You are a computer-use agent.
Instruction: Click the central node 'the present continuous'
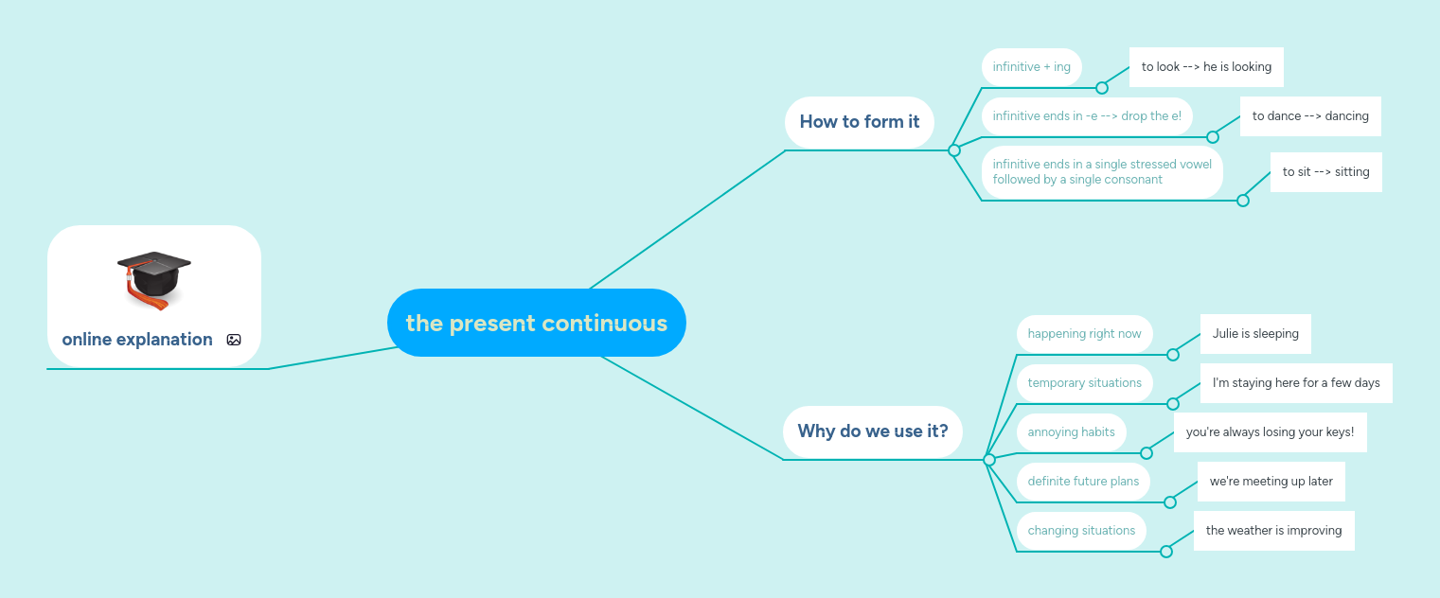pyautogui.click(x=536, y=323)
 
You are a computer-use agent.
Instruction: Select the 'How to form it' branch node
pyautogui.click(x=859, y=121)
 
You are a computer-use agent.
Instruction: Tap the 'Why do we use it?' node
pyautogui.click(x=872, y=431)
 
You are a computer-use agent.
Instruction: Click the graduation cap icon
pyautogui.click(x=153, y=279)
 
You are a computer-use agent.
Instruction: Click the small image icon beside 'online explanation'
pyautogui.click(x=234, y=340)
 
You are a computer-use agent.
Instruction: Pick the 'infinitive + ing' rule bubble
pyautogui.click(x=1031, y=67)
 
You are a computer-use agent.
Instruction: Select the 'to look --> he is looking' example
pyautogui.click(x=1205, y=67)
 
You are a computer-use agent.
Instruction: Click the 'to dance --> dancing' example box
pyautogui.click(x=1309, y=116)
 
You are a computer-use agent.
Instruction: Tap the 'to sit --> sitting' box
pyautogui.click(x=1325, y=172)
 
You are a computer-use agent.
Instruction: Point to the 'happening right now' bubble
pyautogui.click(x=1084, y=334)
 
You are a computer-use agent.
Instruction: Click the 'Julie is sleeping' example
pyautogui.click(x=1254, y=334)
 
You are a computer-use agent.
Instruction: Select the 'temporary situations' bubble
pyautogui.click(x=1084, y=383)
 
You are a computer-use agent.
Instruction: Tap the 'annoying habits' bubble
pyautogui.click(x=1071, y=432)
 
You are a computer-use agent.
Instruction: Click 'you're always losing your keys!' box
pyautogui.click(x=1270, y=432)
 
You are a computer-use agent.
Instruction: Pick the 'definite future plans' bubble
pyautogui.click(x=1083, y=482)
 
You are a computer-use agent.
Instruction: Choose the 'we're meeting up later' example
pyautogui.click(x=1271, y=482)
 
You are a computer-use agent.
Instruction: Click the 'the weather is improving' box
pyautogui.click(x=1273, y=531)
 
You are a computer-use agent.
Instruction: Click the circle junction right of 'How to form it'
pyautogui.click(x=954, y=150)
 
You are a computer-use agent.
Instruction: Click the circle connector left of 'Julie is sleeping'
pyautogui.click(x=1173, y=355)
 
